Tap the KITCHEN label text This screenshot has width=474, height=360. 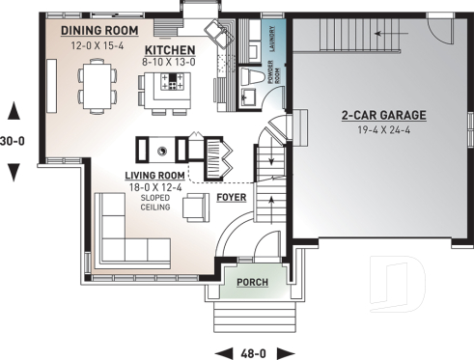point(170,49)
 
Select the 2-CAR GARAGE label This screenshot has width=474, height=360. point(383,115)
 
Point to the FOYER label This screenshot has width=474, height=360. point(231,197)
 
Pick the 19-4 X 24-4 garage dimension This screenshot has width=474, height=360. point(383,128)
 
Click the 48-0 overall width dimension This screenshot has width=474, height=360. point(254,351)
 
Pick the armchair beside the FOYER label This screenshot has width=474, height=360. point(196,207)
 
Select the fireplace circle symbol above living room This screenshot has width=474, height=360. point(162,149)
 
